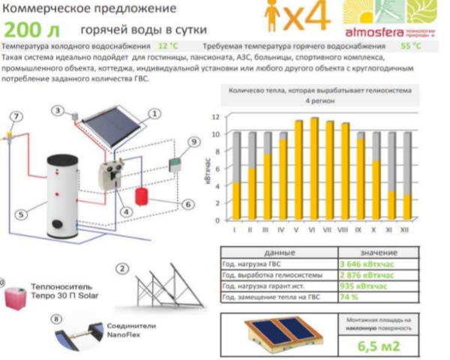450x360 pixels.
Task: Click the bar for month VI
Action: point(314,169)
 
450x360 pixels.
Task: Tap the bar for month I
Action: point(236,177)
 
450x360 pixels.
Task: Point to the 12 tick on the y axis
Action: point(216,118)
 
